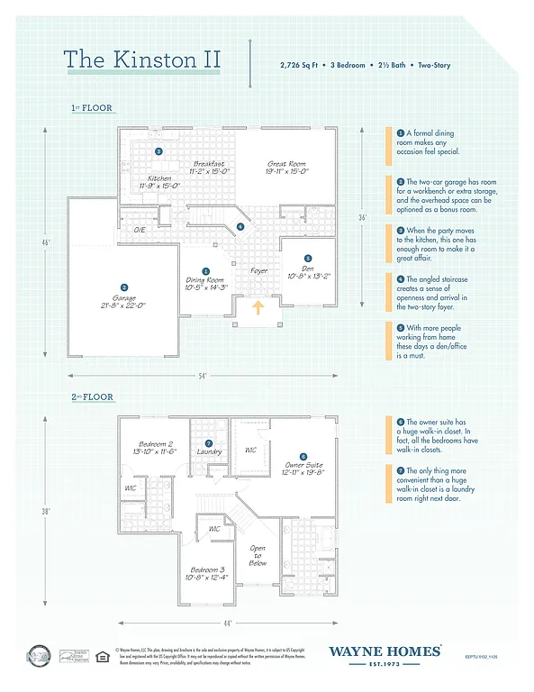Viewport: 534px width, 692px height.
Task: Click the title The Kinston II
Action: [x=141, y=59]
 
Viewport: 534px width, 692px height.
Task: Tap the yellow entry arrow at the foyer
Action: [x=258, y=309]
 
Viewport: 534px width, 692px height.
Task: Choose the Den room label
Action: [x=308, y=271]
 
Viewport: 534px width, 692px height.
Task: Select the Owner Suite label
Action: [x=303, y=469]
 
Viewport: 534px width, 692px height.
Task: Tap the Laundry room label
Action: [x=209, y=451]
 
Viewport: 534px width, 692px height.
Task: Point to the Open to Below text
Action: [x=258, y=555]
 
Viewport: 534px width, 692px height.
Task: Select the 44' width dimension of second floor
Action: [x=229, y=623]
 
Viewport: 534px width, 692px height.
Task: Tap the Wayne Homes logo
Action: [x=385, y=653]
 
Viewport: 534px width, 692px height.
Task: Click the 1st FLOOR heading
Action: [x=94, y=108]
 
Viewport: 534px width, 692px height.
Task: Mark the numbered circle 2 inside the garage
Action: [x=124, y=262]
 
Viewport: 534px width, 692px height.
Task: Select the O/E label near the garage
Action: [x=140, y=231]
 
